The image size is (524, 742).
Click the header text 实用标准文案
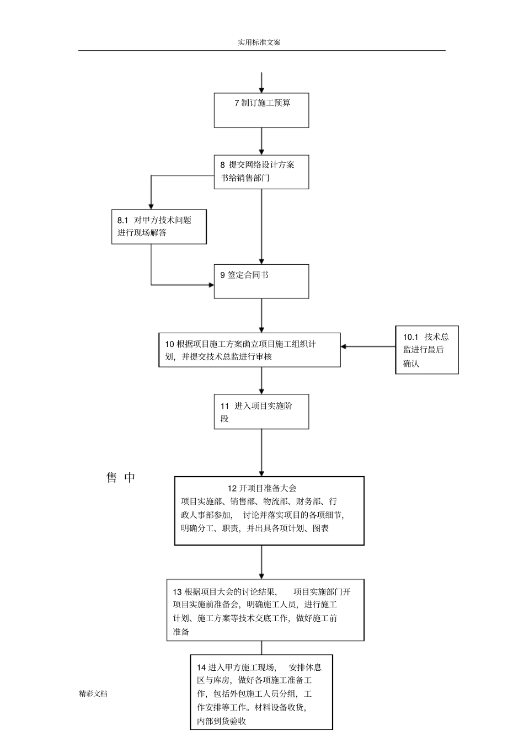click(259, 42)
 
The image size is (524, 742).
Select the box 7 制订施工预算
click(261, 110)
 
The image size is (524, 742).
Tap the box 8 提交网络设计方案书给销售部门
click(261, 172)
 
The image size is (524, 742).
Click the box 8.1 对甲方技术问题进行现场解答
click(159, 227)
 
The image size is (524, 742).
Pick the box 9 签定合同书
click(261, 281)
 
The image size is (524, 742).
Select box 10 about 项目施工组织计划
click(249, 350)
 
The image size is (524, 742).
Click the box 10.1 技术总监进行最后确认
click(426, 350)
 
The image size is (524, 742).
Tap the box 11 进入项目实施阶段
click(261, 412)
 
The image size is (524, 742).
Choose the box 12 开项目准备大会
click(269, 511)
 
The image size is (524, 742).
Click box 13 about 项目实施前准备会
click(265, 610)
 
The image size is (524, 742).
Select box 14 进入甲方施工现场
click(261, 692)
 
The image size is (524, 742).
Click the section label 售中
click(121, 478)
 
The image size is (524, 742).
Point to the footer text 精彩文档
click(93, 693)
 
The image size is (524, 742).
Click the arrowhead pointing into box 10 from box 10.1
click(344, 346)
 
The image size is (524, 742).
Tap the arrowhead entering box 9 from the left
click(211, 285)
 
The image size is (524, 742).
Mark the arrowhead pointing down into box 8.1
click(151, 206)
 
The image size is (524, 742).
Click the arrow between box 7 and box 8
click(261, 141)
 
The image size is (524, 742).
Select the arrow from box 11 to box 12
click(261, 452)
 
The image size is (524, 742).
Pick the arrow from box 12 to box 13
click(261, 562)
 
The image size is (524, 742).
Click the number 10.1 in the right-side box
click(411, 337)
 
